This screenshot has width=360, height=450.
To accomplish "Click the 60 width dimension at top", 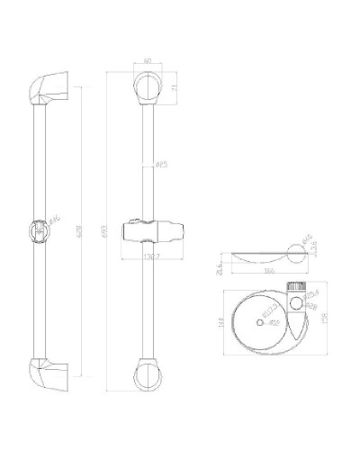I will click(148, 62).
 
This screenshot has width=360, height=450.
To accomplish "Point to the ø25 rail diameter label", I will click(161, 165).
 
